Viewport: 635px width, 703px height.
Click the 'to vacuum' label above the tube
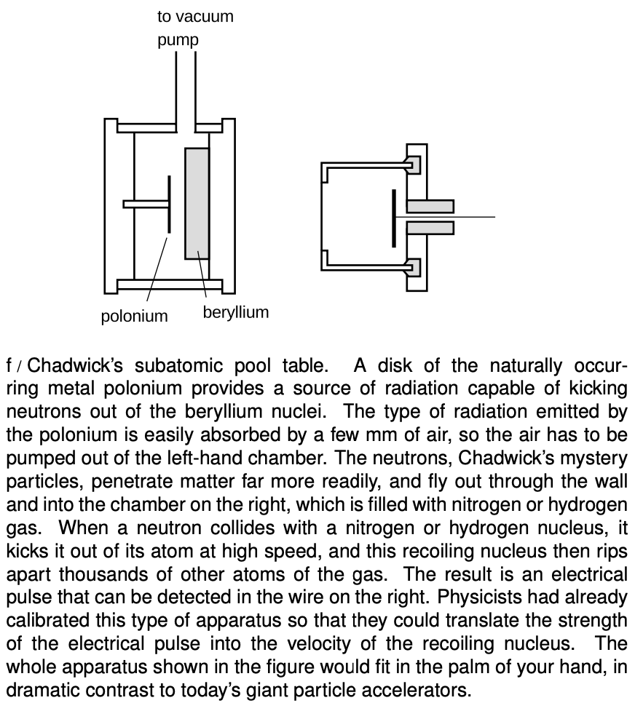coord(195,16)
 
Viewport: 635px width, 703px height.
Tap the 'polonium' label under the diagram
coord(134,316)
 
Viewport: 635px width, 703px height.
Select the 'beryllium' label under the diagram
coord(235,312)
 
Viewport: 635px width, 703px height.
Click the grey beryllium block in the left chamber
coord(197,203)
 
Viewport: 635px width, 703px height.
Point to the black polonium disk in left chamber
coord(169,204)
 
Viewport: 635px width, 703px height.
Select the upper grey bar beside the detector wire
coord(430,206)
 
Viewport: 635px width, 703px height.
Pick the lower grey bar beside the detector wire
coord(430,228)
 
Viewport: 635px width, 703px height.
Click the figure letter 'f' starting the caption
coord(9,365)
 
